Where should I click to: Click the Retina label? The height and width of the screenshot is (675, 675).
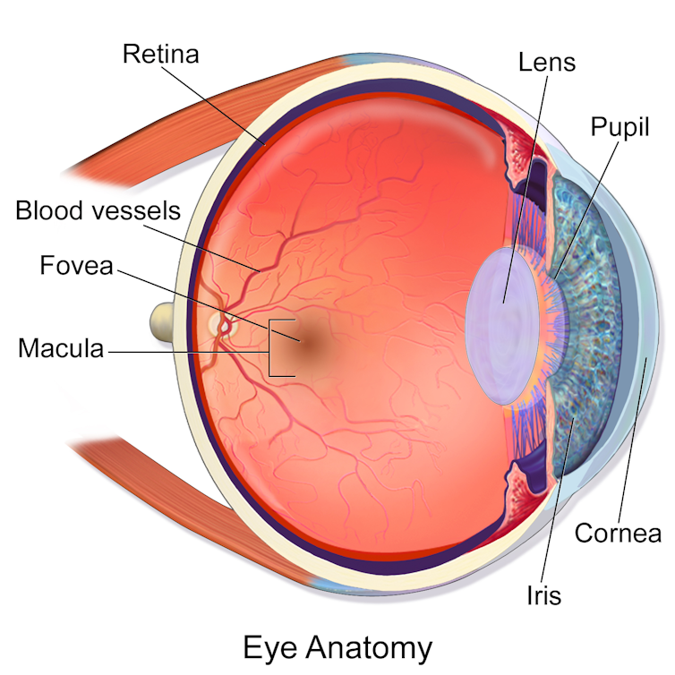coord(160,54)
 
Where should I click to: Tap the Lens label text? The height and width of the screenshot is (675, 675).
coord(547,62)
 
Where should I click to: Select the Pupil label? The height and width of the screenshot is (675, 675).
coord(619,126)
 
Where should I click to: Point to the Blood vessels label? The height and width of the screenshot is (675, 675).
coord(98,210)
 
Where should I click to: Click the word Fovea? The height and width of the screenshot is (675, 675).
coord(77,265)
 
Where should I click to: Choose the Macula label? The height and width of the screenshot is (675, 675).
coord(61,348)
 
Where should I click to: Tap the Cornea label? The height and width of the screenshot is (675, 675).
coord(618,533)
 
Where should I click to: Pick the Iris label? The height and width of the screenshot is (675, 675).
coord(544,595)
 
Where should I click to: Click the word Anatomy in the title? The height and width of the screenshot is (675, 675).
coord(369,647)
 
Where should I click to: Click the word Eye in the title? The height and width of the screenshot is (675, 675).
coord(270,648)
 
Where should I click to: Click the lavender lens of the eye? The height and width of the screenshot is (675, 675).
coord(503,326)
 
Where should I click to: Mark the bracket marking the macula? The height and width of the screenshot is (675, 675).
coord(270,348)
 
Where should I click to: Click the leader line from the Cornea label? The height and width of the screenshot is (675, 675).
coord(632,440)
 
